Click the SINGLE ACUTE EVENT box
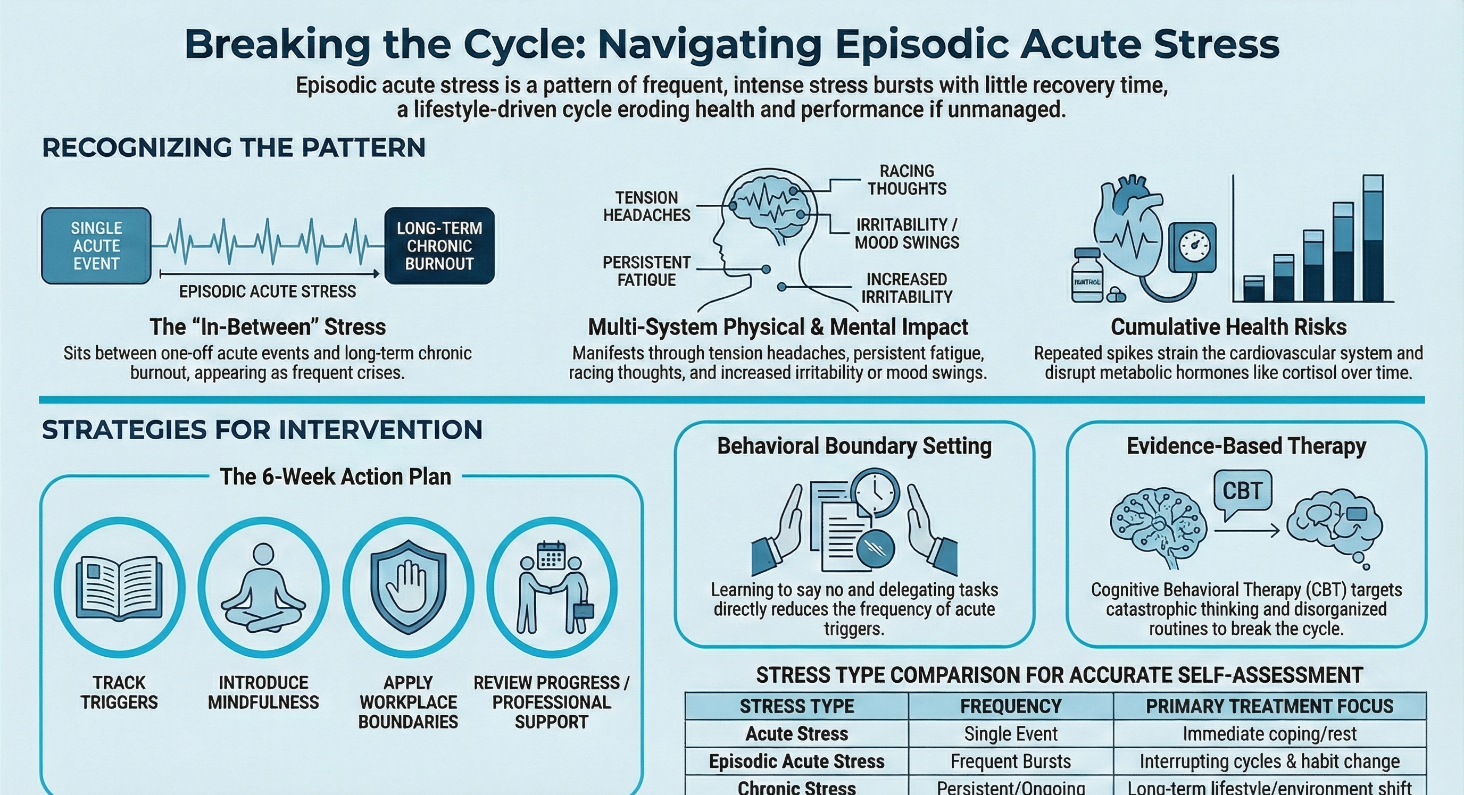(x=96, y=246)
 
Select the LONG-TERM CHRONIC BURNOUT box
(x=439, y=246)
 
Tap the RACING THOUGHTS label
(x=906, y=180)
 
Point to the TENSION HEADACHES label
(x=647, y=206)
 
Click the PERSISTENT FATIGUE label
(x=647, y=271)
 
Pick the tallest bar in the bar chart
(x=1372, y=239)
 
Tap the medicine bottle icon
(x=1087, y=275)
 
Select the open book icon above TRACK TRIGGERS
(x=119, y=588)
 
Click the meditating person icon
(x=264, y=588)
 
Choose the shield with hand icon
(x=408, y=585)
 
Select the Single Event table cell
(x=1010, y=734)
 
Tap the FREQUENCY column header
(x=1010, y=706)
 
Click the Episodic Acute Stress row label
(x=796, y=761)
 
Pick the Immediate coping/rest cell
(x=1269, y=734)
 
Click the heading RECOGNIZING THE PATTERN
(x=234, y=148)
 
